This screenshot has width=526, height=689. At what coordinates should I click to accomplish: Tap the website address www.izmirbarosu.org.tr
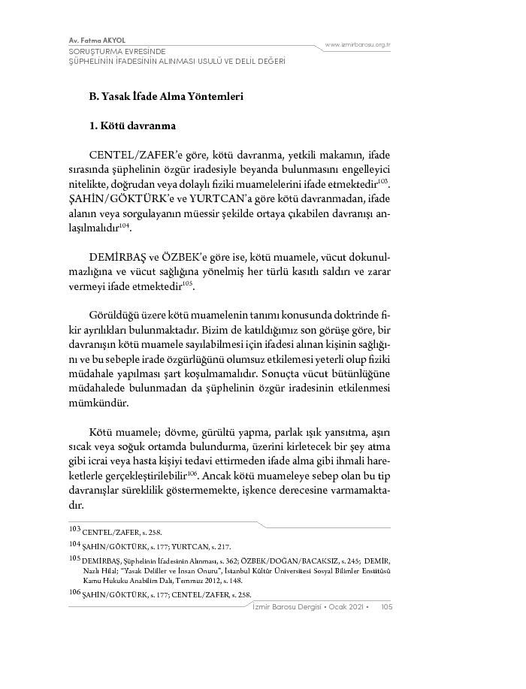point(359,45)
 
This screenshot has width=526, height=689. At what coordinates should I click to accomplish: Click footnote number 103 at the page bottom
point(74,530)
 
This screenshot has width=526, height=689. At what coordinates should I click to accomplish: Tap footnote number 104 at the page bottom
point(74,543)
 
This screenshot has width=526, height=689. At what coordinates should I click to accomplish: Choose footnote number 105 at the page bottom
point(74,558)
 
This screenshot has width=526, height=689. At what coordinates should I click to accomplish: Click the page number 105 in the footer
point(388,607)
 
